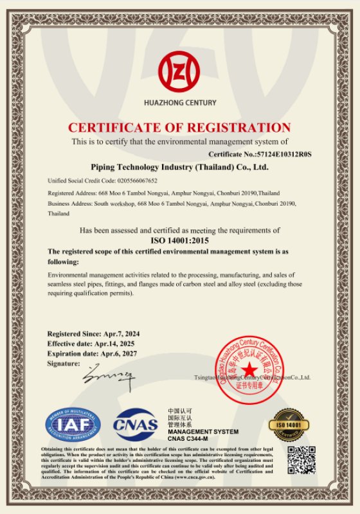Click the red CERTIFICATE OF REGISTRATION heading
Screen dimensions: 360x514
pyautogui.click(x=179, y=127)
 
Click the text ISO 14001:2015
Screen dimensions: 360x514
pyautogui.click(x=179, y=238)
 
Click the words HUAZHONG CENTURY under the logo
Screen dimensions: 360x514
pyautogui.click(x=179, y=102)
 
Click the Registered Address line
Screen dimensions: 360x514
pyautogui.click(x=164, y=193)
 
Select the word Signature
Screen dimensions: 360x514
pyautogui.click(x=64, y=364)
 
